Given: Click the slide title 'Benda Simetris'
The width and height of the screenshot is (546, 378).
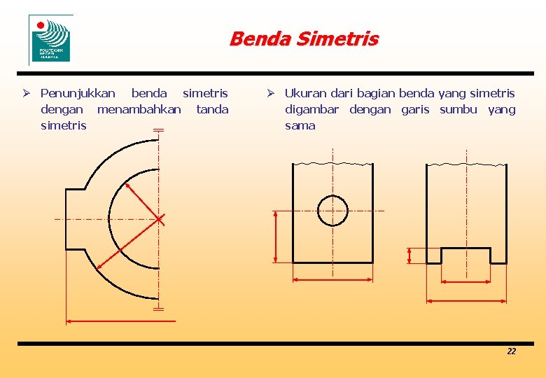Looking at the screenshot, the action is pyautogui.click(x=303, y=38).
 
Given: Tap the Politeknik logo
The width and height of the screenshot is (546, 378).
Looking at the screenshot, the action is pyautogui.click(x=50, y=39).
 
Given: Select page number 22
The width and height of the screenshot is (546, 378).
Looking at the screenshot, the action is pyautogui.click(x=511, y=351).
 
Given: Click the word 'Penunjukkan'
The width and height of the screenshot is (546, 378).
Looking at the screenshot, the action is pyautogui.click(x=78, y=93).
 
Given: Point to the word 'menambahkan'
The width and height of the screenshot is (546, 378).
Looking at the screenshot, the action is pyautogui.click(x=139, y=109).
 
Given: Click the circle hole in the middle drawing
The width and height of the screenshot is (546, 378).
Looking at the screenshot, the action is pyautogui.click(x=332, y=210).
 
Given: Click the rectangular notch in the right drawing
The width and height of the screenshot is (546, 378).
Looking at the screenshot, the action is pyautogui.click(x=465, y=255).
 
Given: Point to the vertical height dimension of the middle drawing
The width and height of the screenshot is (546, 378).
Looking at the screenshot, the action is pyautogui.click(x=276, y=236).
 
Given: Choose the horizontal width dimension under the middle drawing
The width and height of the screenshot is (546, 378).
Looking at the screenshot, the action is pyautogui.click(x=332, y=279).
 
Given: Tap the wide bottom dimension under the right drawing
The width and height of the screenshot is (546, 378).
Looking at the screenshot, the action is pyautogui.click(x=466, y=301).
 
